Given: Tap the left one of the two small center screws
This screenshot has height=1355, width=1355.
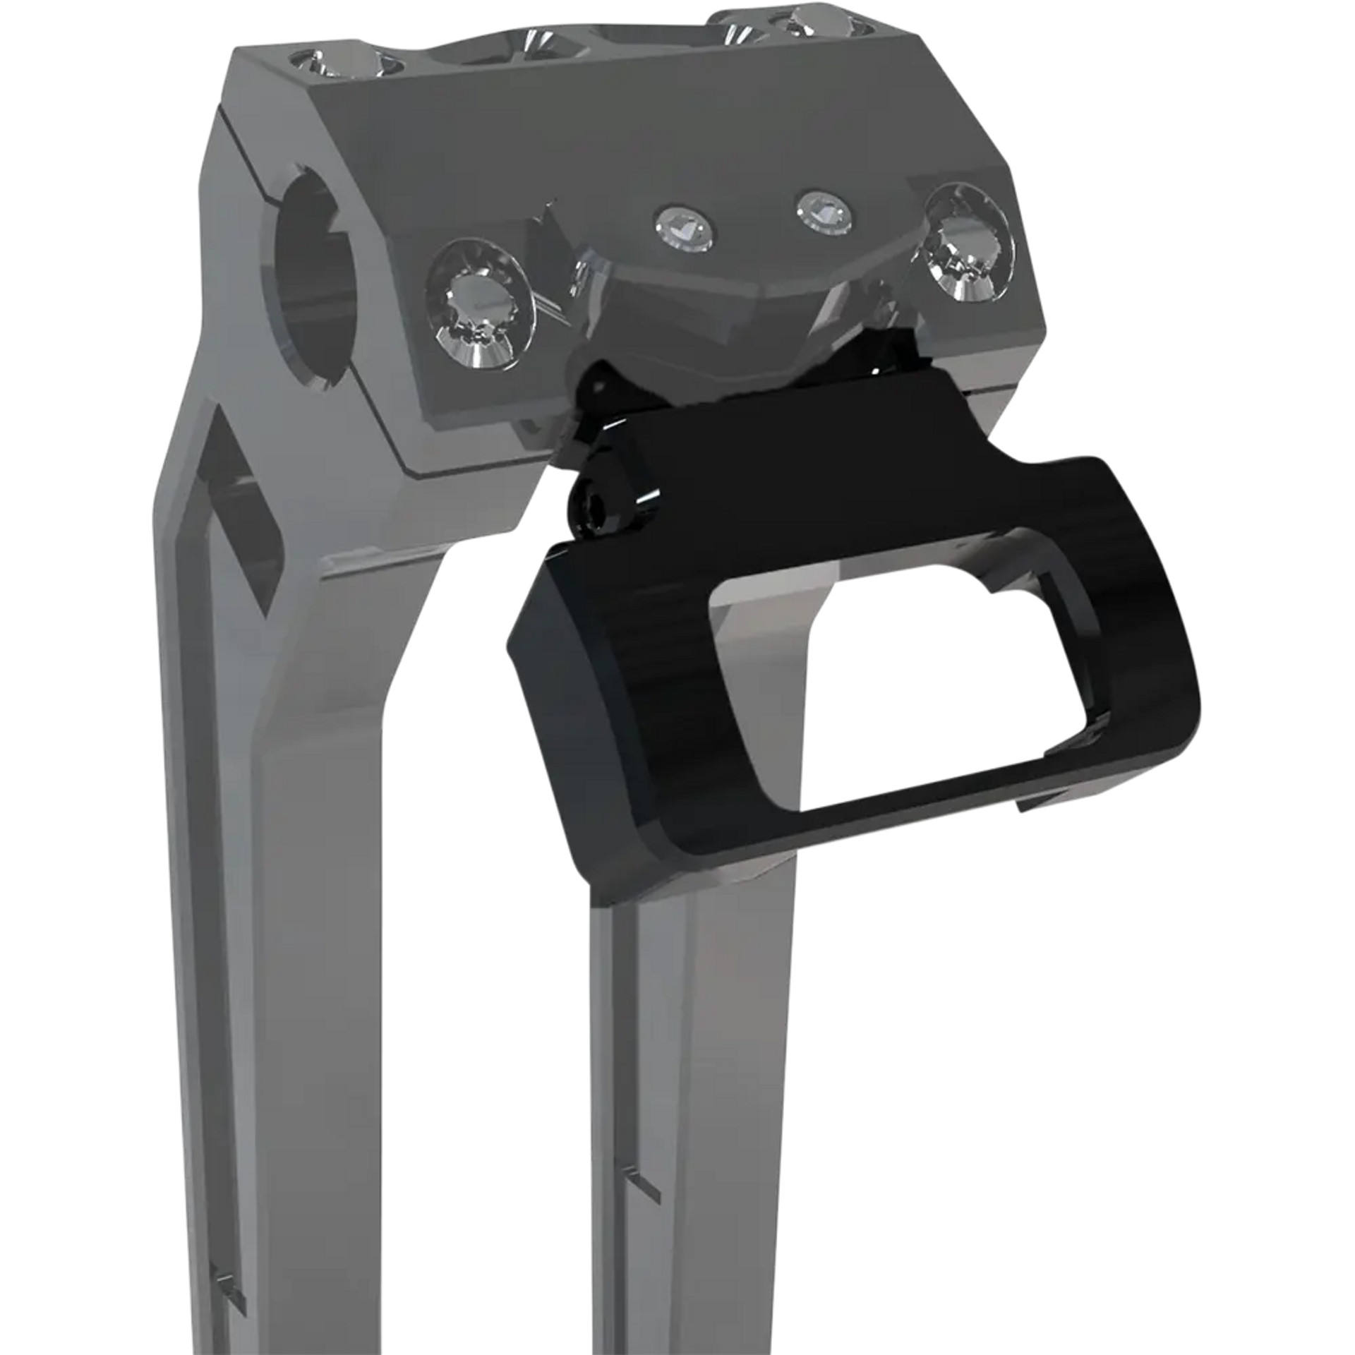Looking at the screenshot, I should point(682,226).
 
